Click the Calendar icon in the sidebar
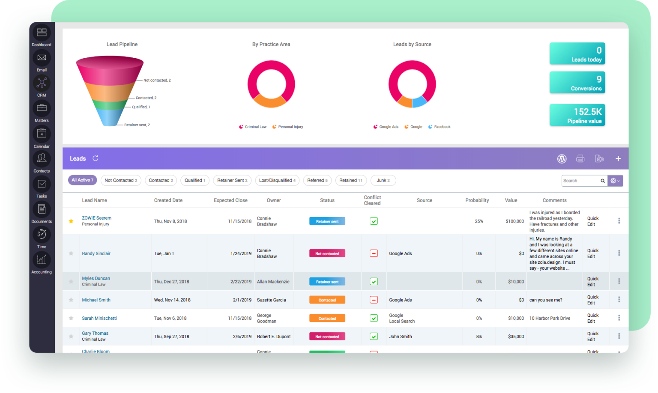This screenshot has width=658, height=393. tap(42, 134)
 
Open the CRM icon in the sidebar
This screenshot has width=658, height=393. tap(42, 83)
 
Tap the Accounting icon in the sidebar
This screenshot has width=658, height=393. tap(42, 260)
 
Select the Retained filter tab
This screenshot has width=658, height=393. tap(351, 180)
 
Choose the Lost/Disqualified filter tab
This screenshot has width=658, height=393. tap(277, 180)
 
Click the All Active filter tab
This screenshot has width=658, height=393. tap(82, 180)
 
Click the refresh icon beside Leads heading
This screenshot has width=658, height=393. tap(96, 158)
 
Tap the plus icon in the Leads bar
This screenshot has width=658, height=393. tap(618, 158)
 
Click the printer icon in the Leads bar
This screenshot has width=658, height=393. tap(580, 158)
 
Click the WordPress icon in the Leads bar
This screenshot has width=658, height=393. tap(562, 158)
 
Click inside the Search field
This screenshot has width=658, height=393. tap(580, 181)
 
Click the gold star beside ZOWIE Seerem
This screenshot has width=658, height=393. tap(71, 221)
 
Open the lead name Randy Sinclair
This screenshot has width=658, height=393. tap(96, 253)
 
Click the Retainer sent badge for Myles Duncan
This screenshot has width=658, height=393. tap(327, 282)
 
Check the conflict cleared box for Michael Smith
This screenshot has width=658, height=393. tap(374, 300)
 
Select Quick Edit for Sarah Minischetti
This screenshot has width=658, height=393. tap(593, 318)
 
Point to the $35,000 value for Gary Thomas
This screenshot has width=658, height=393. tap(516, 336)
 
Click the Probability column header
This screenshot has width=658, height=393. tap(477, 200)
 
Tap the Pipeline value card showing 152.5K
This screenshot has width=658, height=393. tap(577, 115)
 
